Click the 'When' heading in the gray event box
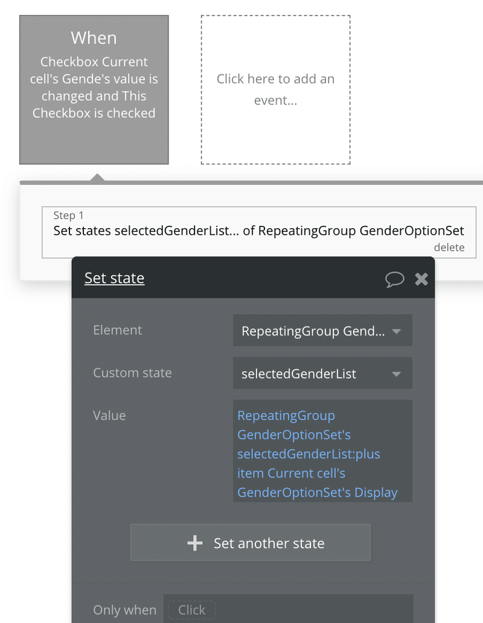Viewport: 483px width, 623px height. tap(94, 38)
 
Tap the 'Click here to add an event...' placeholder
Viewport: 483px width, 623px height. tap(275, 89)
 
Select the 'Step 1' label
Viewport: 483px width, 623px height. tap(68, 216)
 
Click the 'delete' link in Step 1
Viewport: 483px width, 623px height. tap(449, 248)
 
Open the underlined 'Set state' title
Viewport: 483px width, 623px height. tap(114, 278)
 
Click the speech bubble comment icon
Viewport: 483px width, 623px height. tap(394, 280)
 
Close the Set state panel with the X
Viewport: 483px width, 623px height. tap(421, 279)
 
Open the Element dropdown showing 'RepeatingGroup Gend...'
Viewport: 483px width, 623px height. tap(322, 331)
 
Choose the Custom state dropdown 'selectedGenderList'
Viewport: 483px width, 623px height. tap(322, 373)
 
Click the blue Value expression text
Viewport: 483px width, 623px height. tap(317, 454)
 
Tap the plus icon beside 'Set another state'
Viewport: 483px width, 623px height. tap(194, 543)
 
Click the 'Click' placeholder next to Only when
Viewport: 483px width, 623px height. tap(191, 610)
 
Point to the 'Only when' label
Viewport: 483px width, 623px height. tap(125, 610)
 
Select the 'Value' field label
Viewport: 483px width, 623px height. tap(109, 415)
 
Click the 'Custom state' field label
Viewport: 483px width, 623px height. tap(132, 372)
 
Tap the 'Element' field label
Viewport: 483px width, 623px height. tap(117, 330)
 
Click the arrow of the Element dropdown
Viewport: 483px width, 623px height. tap(396, 331)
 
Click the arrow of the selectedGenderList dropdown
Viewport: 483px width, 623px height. tap(396, 374)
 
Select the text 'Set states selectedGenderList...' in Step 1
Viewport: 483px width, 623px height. tap(146, 231)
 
